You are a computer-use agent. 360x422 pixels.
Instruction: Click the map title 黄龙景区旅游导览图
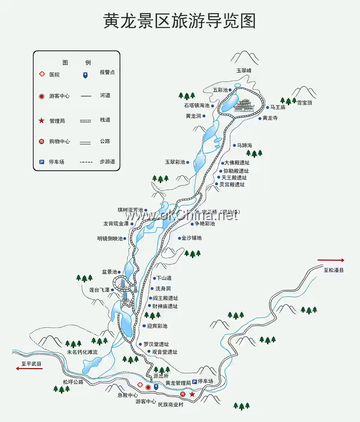click(x=179, y=21)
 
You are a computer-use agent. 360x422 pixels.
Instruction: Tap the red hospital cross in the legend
click(x=42, y=74)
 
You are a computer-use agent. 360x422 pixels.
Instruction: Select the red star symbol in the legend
click(x=41, y=121)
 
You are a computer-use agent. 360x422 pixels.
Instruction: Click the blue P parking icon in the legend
click(x=42, y=162)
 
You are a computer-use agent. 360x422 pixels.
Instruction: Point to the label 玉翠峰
click(x=244, y=71)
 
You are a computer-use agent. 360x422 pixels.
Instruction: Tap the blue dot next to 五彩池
click(x=230, y=90)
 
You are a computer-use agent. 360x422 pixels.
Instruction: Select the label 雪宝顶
click(x=304, y=103)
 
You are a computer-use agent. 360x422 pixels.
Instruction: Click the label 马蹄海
click(x=244, y=145)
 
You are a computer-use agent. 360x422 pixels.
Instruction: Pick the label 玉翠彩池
click(x=175, y=162)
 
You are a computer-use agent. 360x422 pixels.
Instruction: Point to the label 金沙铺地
click(x=191, y=238)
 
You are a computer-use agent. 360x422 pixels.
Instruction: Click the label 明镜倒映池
click(x=110, y=238)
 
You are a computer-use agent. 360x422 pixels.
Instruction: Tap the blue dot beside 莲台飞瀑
click(x=112, y=290)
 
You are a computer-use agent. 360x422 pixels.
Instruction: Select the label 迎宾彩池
click(x=157, y=326)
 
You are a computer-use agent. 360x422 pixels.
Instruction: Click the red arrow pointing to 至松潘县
click(x=331, y=260)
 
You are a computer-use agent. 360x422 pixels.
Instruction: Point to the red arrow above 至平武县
click(x=29, y=369)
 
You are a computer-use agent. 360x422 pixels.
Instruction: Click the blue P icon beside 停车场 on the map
click(x=194, y=382)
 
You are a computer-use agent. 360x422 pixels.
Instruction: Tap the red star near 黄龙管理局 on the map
click(x=192, y=394)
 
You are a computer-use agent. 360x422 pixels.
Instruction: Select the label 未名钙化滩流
click(x=82, y=352)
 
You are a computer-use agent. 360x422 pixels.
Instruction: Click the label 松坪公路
click(x=73, y=382)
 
